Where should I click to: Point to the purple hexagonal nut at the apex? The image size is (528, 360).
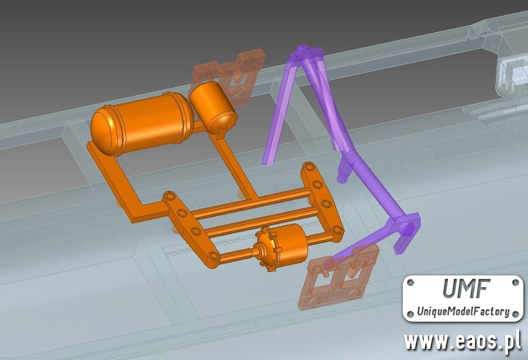pos(302,50)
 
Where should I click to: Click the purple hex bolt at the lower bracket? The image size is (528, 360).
pos(407,229)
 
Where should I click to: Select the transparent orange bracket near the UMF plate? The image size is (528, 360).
pos(338,275)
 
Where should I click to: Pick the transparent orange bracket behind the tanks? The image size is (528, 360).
pos(229,75)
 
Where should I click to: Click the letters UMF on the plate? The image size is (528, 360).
pos(464,289)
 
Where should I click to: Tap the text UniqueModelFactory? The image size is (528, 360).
pos(463,311)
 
